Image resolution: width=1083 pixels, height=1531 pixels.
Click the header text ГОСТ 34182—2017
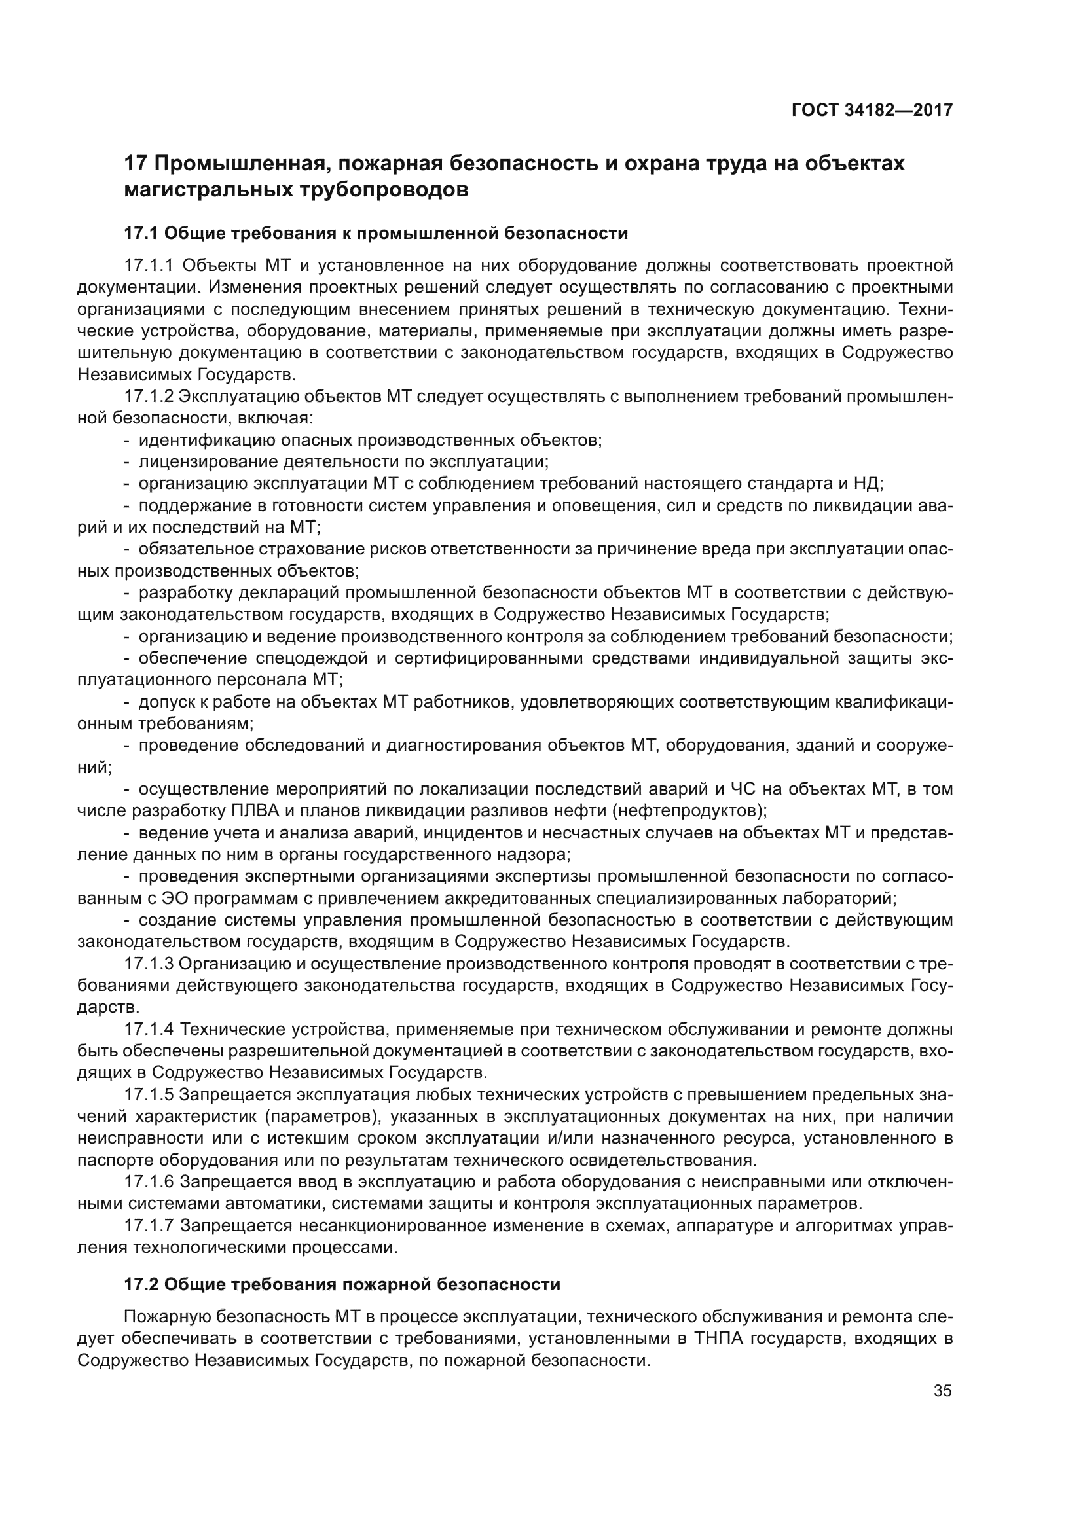pyautogui.click(x=872, y=110)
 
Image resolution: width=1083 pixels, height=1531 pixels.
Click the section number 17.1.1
pyautogui.click(x=149, y=265)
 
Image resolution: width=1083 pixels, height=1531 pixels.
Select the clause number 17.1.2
pyautogui.click(x=149, y=396)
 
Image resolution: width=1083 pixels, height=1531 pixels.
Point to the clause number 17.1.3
pyautogui.click(x=149, y=964)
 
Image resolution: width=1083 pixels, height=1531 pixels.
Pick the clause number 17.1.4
pyautogui.click(x=149, y=1029)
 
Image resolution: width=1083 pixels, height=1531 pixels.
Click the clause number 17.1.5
pyautogui.click(x=149, y=1094)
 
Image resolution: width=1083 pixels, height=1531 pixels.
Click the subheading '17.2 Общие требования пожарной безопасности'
pyautogui.click(x=342, y=1284)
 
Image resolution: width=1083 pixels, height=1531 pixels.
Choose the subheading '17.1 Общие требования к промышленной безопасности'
pyautogui.click(x=376, y=234)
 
